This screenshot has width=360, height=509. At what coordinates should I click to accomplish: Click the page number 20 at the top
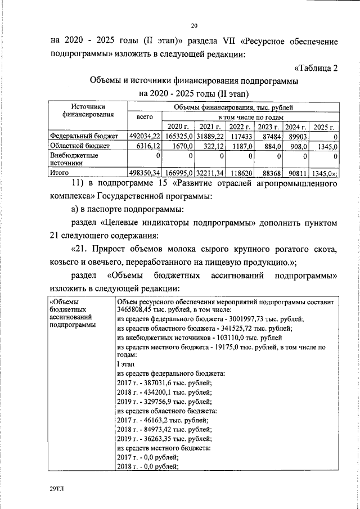195,25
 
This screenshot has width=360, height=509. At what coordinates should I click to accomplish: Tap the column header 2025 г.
325,127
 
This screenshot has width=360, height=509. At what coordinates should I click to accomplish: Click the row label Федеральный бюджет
83,136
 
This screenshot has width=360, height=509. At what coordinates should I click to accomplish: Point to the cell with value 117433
240,136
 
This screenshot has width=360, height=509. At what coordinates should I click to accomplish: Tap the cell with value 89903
298,136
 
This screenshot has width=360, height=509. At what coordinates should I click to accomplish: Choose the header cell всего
145,117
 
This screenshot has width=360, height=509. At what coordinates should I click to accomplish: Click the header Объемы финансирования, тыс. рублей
233,107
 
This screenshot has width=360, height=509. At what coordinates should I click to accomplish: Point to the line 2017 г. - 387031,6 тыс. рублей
164,382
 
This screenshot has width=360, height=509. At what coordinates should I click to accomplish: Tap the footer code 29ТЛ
57,489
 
